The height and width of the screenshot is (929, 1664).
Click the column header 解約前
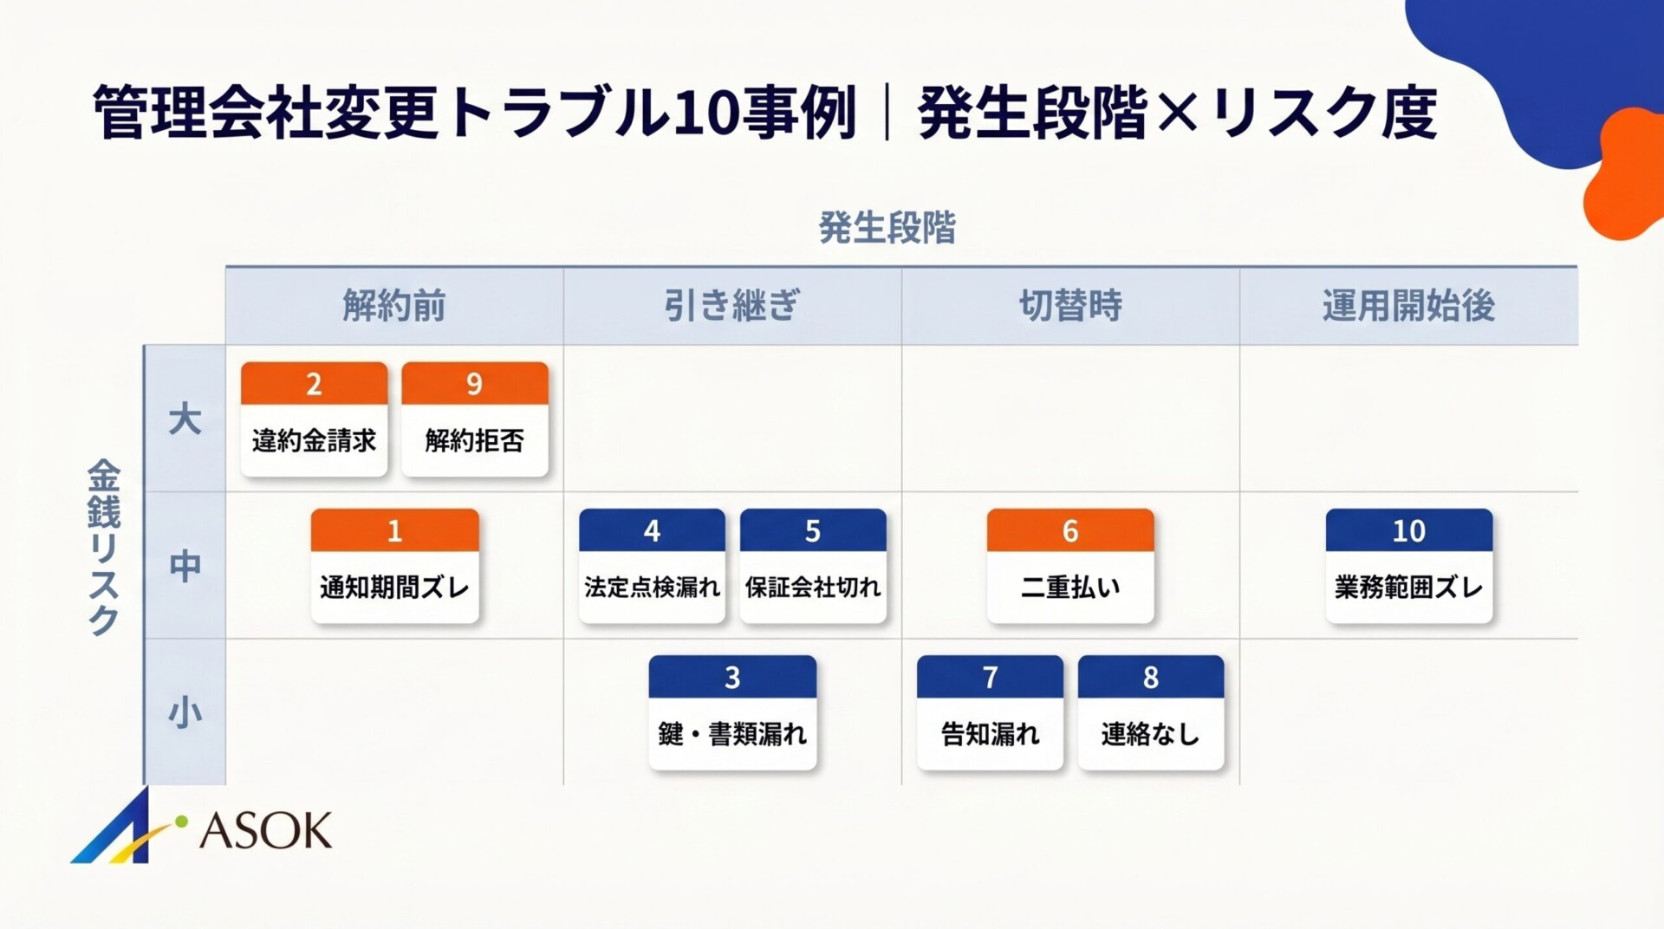tap(394, 306)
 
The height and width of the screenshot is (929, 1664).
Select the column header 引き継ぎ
tap(732, 306)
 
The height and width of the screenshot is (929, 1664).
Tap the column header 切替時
tap(1070, 306)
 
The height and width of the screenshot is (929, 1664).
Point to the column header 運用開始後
tap(1408, 306)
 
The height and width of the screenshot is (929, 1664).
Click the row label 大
tap(185, 419)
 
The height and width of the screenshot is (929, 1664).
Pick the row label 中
tap(185, 566)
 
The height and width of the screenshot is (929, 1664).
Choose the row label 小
tap(185, 713)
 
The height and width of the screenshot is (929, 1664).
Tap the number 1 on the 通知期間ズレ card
tap(394, 530)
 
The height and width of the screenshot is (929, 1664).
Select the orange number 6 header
tap(1070, 530)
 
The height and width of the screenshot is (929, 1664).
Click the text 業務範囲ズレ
tap(1408, 588)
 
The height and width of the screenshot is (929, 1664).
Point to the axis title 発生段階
tap(887, 228)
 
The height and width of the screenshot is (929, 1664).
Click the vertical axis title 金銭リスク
tap(104, 548)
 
